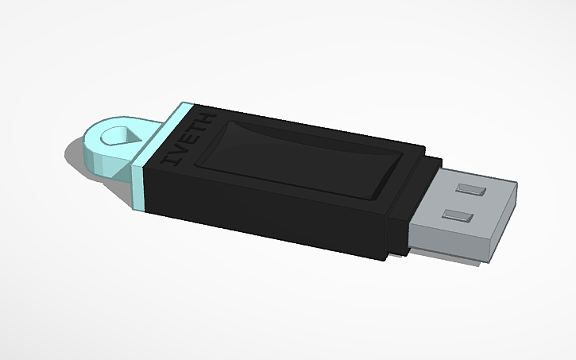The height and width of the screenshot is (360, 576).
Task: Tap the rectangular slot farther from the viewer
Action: point(473,191)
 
